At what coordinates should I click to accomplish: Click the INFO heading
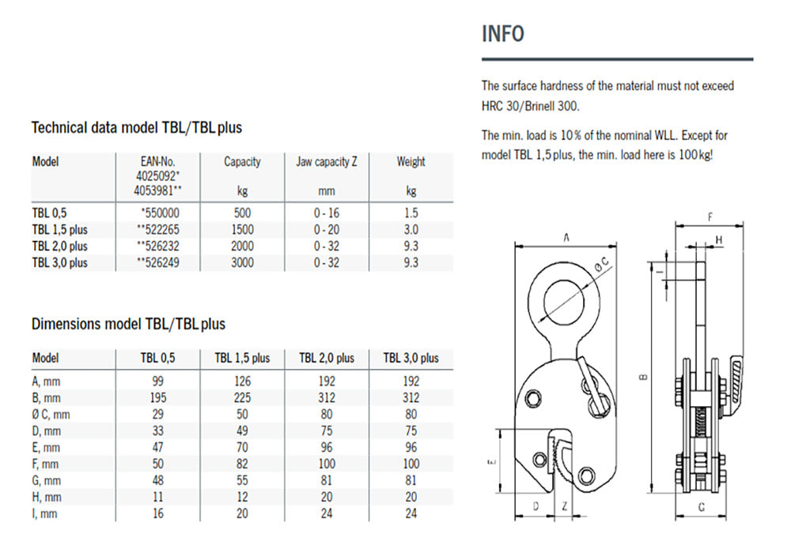click(503, 34)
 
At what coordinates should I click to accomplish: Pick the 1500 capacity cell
click(242, 230)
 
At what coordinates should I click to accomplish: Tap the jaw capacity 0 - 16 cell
click(327, 213)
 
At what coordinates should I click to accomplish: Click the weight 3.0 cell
click(411, 230)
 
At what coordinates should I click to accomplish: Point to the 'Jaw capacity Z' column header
click(327, 162)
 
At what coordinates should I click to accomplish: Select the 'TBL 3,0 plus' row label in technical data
click(59, 262)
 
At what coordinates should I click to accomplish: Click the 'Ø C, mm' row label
click(51, 415)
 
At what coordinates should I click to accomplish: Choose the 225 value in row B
click(242, 398)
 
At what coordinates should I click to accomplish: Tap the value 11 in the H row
click(158, 497)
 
